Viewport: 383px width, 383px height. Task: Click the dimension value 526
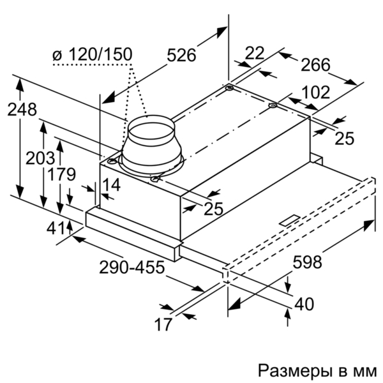(181, 55)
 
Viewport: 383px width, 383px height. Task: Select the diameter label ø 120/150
(93, 54)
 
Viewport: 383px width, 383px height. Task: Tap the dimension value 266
(315, 65)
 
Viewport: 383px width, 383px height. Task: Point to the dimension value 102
(315, 93)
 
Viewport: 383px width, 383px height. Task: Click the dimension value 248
(22, 109)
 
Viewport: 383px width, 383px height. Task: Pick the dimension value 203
(40, 158)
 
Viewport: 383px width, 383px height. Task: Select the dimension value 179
(61, 174)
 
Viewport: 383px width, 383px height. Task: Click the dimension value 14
(111, 184)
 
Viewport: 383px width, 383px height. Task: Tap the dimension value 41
(56, 229)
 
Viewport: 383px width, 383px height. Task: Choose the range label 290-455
(132, 267)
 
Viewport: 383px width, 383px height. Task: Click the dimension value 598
(307, 262)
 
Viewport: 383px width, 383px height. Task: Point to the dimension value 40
(304, 304)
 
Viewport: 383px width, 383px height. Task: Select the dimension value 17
(163, 324)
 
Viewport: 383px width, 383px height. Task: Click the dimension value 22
(255, 53)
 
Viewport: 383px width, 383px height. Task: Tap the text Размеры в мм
(317, 371)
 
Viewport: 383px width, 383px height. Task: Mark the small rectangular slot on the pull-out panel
(290, 220)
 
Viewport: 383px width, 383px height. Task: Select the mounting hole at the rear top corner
(230, 88)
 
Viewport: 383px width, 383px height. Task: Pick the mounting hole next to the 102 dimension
(273, 106)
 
